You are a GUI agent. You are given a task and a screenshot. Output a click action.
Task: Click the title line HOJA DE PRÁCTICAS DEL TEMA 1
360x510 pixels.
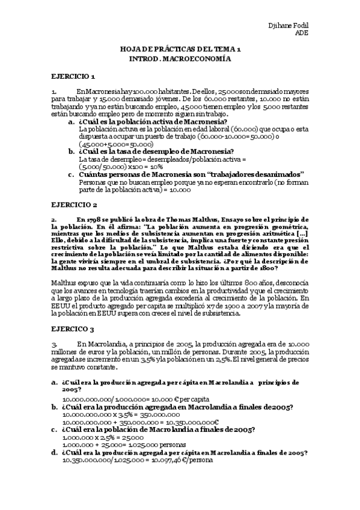180,49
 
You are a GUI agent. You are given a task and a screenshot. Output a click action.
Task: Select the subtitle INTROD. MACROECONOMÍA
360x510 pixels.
180,59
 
